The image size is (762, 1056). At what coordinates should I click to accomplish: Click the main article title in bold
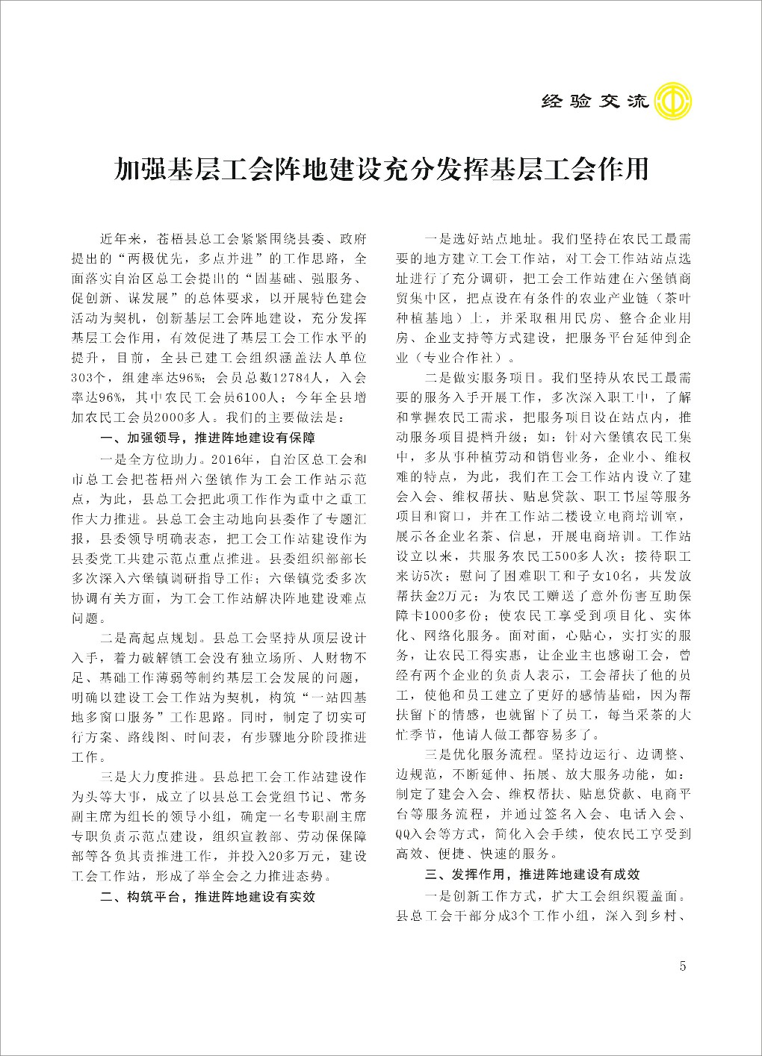[x=381, y=170]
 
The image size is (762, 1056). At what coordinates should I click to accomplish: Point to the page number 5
[x=683, y=965]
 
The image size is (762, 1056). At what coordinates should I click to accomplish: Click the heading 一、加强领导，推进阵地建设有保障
[x=208, y=437]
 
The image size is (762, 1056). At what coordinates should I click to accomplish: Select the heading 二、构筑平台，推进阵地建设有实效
[x=208, y=896]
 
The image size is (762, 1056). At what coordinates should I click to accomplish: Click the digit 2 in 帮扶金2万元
[x=442, y=595]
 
